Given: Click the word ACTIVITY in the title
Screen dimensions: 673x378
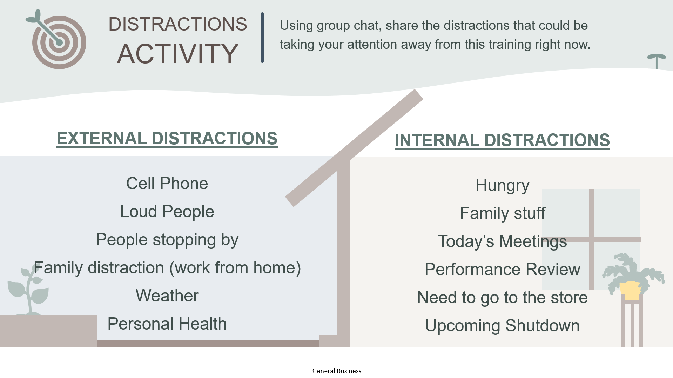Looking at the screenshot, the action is (178, 54).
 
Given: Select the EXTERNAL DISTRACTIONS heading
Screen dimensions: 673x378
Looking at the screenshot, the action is (167, 138).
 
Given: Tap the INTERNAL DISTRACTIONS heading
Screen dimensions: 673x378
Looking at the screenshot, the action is (502, 140).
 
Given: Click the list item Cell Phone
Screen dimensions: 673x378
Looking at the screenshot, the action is (167, 183).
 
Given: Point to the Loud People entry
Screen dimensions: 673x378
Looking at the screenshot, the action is (167, 211).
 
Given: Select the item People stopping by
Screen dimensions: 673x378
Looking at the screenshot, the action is (167, 240).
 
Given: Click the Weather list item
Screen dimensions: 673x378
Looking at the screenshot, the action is (167, 296).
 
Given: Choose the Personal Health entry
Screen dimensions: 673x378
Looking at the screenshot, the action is (167, 324).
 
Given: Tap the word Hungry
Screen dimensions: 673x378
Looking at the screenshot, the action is (502, 186).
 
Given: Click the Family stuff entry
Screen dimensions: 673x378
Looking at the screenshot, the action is (502, 213).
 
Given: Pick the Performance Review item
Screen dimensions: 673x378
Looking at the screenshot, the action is (502, 269).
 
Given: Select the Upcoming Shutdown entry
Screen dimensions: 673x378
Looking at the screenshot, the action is (502, 326).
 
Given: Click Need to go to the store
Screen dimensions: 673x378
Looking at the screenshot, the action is (502, 298).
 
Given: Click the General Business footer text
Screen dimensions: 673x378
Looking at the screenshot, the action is (337, 371).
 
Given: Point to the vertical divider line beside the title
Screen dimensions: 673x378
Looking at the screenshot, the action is (262, 38).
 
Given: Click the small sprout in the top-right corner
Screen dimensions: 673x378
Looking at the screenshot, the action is (657, 61).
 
